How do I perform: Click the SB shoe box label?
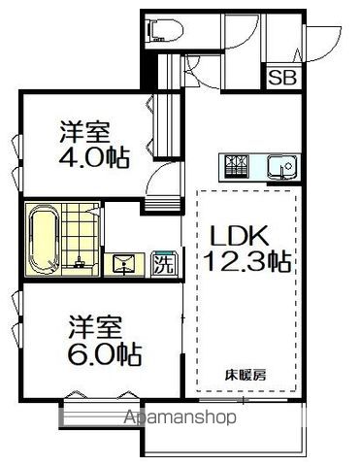click(x=282, y=78)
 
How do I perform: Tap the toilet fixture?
click(x=165, y=31)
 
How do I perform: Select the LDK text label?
click(x=240, y=235)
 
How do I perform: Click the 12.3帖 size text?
click(x=247, y=261)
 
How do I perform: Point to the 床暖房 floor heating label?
click(x=245, y=375)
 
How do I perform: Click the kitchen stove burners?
click(x=237, y=167)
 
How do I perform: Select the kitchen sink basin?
click(x=281, y=167)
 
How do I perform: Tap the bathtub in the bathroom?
click(x=44, y=240)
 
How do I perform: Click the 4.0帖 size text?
click(x=94, y=157)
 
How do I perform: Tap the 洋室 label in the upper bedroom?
click(x=84, y=132)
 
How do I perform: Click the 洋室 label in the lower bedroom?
click(x=95, y=327)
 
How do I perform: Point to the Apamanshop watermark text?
click(x=180, y=417)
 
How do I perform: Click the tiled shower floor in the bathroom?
click(x=80, y=236)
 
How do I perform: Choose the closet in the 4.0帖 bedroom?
click(x=167, y=126)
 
